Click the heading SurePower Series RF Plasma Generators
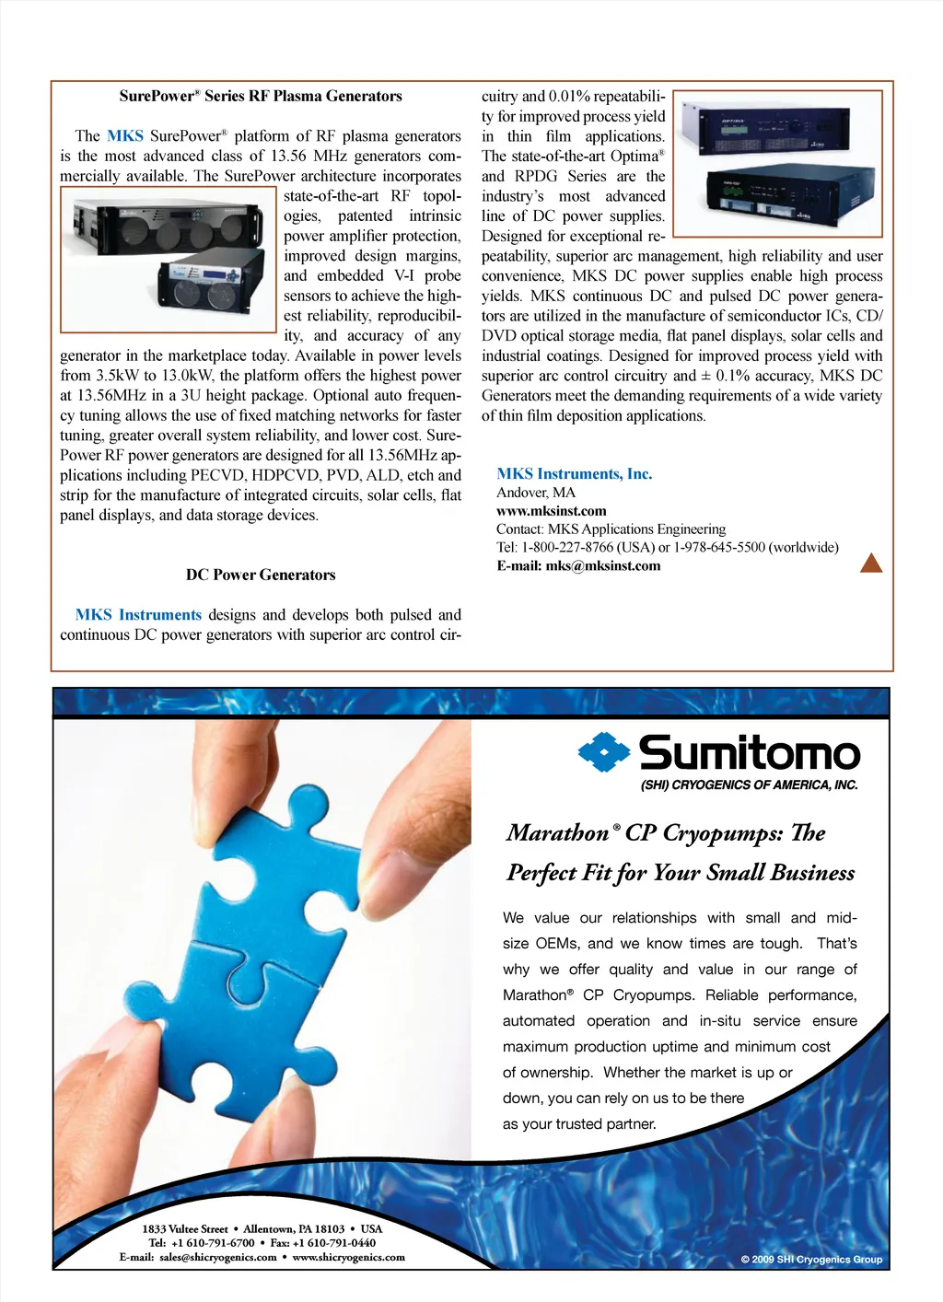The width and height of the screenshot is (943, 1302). pos(261,96)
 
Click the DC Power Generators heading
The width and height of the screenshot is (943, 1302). pos(261,575)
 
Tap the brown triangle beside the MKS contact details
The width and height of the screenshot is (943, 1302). pos(870,563)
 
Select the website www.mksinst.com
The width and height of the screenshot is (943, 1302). pos(551,511)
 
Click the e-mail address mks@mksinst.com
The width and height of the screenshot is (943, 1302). pos(602,566)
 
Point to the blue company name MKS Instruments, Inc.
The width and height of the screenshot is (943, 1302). pos(574,474)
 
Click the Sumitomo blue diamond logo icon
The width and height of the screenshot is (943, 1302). pos(603,752)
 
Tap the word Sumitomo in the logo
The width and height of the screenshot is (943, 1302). pos(750,753)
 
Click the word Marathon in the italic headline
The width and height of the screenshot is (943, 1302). pos(558,833)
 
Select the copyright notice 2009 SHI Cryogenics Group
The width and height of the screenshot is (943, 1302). pos(811,1260)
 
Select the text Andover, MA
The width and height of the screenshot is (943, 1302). pos(536,493)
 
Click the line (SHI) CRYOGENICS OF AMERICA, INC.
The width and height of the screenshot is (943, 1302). pos(749,785)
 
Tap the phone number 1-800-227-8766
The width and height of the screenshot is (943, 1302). pos(566,548)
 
